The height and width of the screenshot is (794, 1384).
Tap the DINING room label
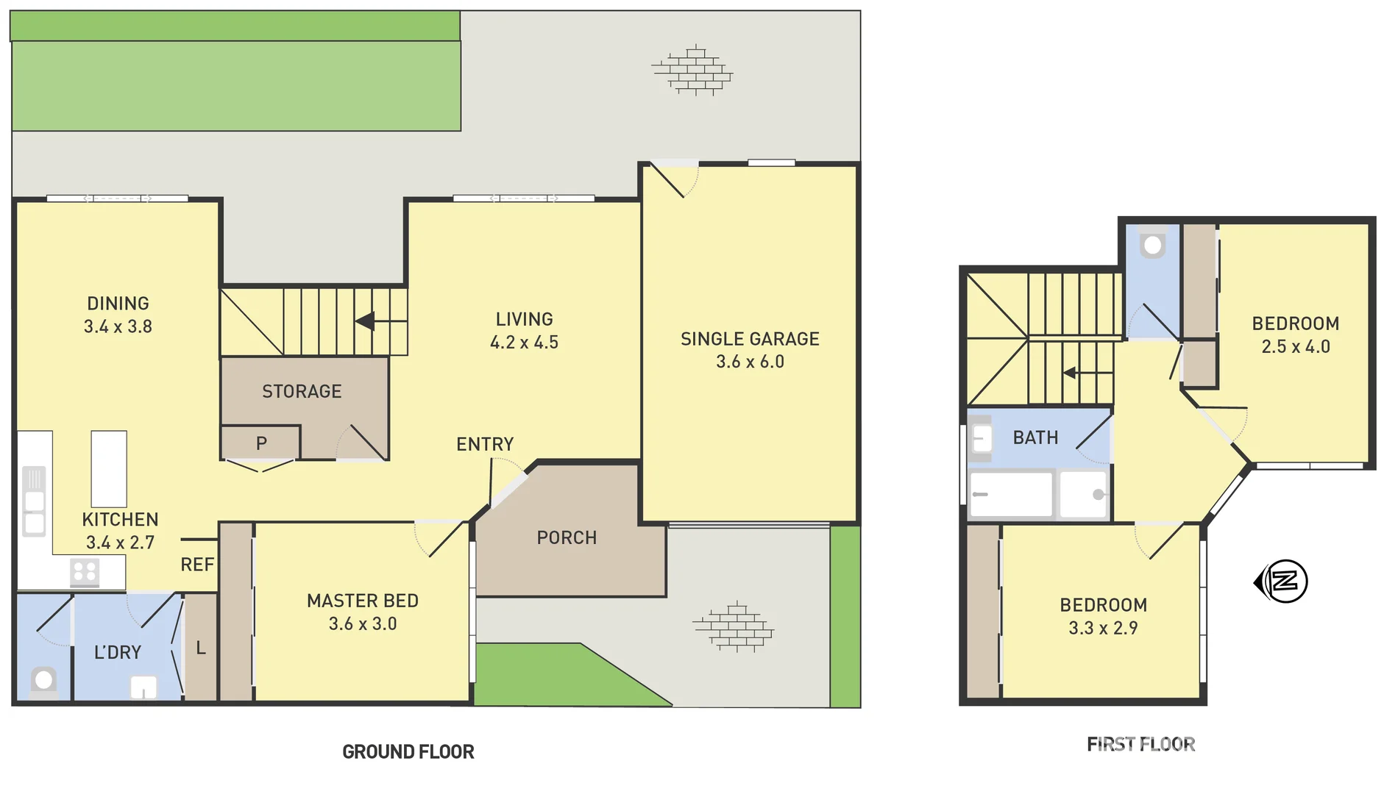click(118, 304)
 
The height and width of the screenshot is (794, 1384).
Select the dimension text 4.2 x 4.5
click(524, 343)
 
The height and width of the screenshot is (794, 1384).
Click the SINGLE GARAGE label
click(750, 339)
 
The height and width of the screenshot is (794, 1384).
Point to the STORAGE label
click(302, 391)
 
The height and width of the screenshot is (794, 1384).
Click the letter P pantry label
click(261, 443)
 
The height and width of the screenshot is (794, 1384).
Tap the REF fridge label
click(197, 565)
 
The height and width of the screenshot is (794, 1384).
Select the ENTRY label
click(485, 444)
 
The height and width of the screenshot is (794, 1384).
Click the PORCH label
click(567, 537)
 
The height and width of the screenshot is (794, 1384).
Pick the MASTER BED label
click(363, 601)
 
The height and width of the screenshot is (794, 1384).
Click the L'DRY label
click(118, 652)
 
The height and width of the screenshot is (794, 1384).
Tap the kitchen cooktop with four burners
click(85, 571)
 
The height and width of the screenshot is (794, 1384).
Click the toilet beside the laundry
click(43, 681)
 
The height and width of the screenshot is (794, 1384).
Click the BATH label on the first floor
click(1035, 437)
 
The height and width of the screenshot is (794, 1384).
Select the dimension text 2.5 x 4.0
click(1296, 347)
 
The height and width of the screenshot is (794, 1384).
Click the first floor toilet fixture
click(1153, 244)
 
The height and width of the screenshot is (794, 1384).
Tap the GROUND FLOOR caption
click(408, 751)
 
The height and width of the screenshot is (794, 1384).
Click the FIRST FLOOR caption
click(1140, 744)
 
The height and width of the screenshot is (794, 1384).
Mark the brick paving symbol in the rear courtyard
click(692, 71)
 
